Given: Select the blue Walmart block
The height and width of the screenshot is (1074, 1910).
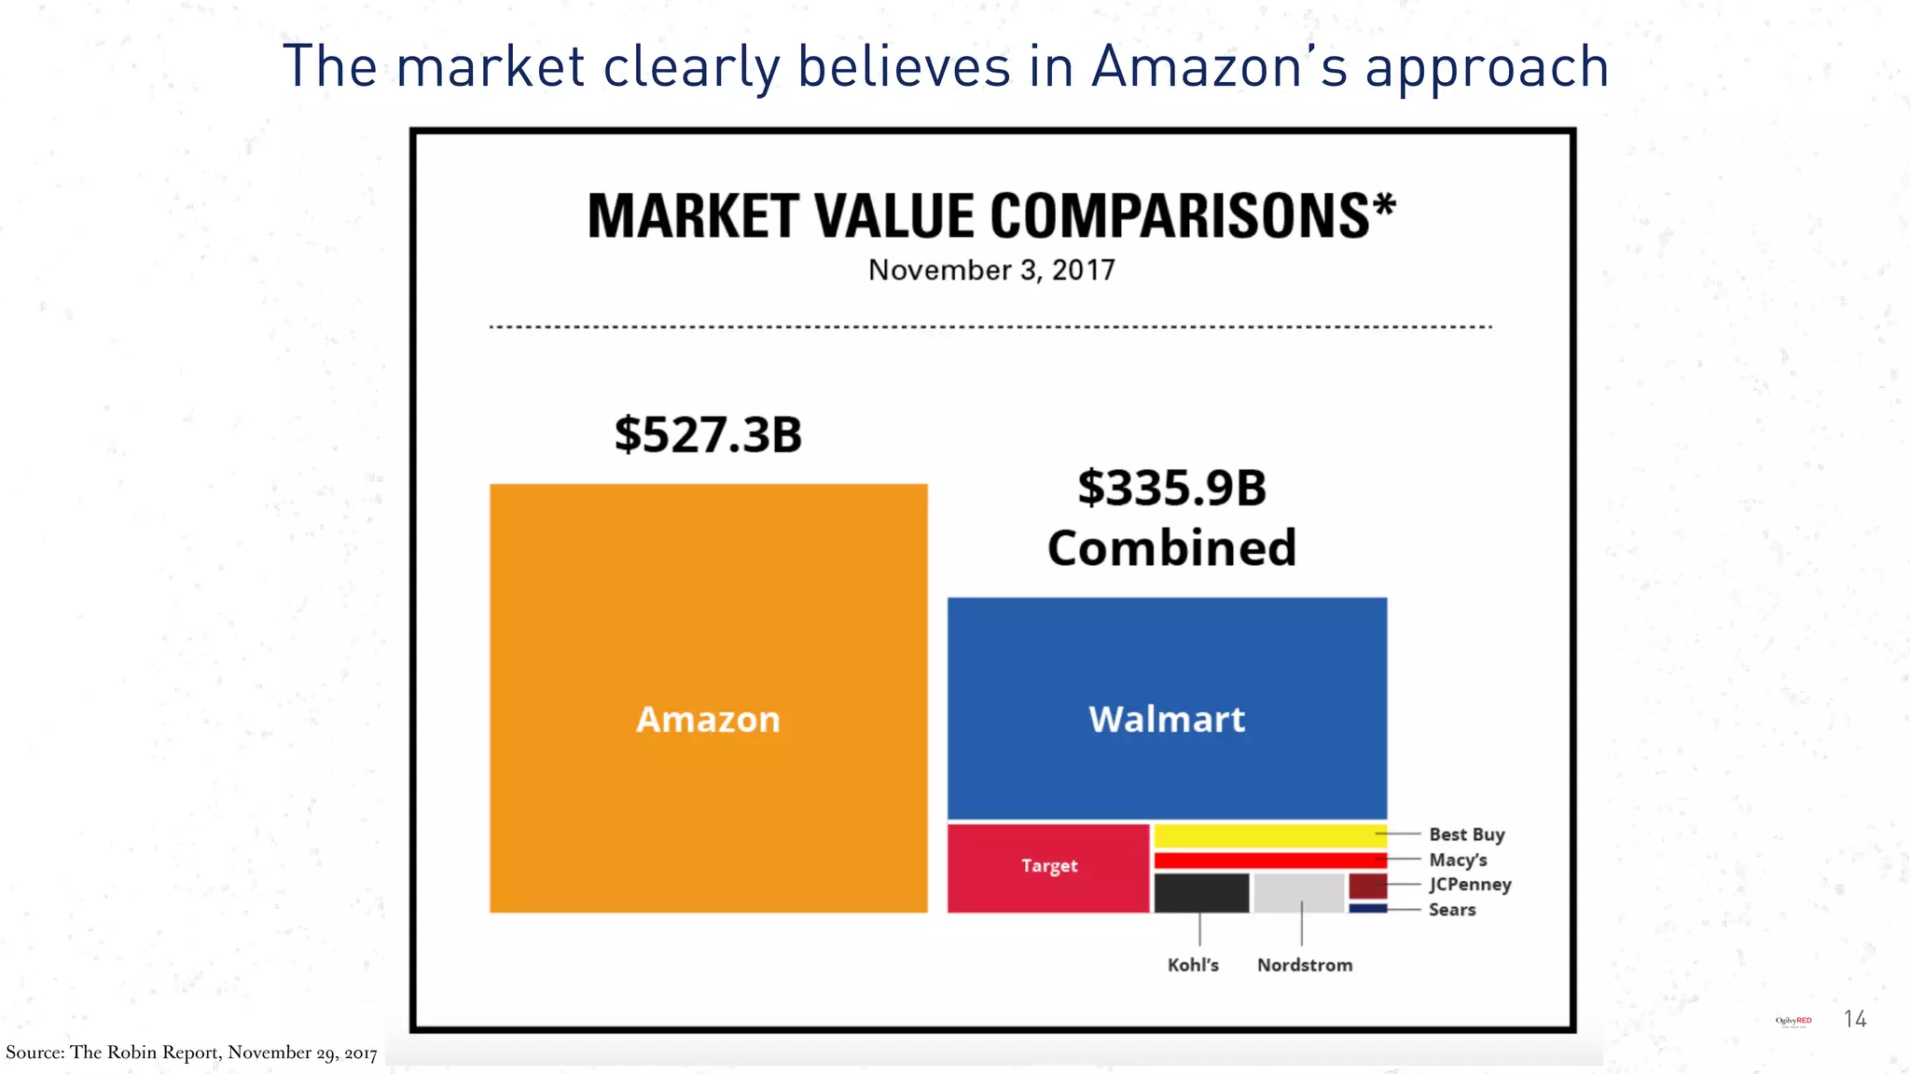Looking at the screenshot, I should point(1167,709).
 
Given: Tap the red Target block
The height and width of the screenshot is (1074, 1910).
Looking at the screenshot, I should point(1048,867).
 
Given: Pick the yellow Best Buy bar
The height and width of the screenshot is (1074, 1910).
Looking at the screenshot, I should point(1268,835).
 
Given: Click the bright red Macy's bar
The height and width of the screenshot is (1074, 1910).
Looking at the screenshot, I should point(1268,861).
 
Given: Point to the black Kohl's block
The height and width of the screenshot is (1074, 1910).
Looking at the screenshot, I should point(1201,893).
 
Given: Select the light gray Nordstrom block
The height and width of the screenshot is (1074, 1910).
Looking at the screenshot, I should point(1298,893).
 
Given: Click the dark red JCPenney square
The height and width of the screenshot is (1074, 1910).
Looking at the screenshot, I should point(1367,886).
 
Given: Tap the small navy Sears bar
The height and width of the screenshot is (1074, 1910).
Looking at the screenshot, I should point(1367,908).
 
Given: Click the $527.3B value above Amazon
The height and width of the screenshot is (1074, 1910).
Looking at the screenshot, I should point(708,435).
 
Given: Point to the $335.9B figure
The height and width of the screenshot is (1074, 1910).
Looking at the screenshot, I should point(1172,489).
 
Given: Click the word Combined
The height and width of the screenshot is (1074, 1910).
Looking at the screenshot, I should point(1172,548).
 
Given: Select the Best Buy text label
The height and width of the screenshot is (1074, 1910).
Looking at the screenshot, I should point(1466,834).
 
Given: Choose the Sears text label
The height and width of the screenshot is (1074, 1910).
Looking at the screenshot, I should point(1452,910).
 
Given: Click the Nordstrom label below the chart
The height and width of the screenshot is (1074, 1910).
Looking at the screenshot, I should point(1304,965).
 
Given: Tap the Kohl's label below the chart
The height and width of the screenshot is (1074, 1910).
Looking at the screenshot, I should point(1193,965).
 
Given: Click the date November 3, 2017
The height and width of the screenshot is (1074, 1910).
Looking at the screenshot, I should point(991,270).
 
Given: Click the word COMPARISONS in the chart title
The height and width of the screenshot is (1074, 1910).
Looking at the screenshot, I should point(1192,216).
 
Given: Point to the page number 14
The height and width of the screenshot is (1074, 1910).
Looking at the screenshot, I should point(1855,1019).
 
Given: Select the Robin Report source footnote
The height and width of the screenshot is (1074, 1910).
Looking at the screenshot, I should point(191,1053).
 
